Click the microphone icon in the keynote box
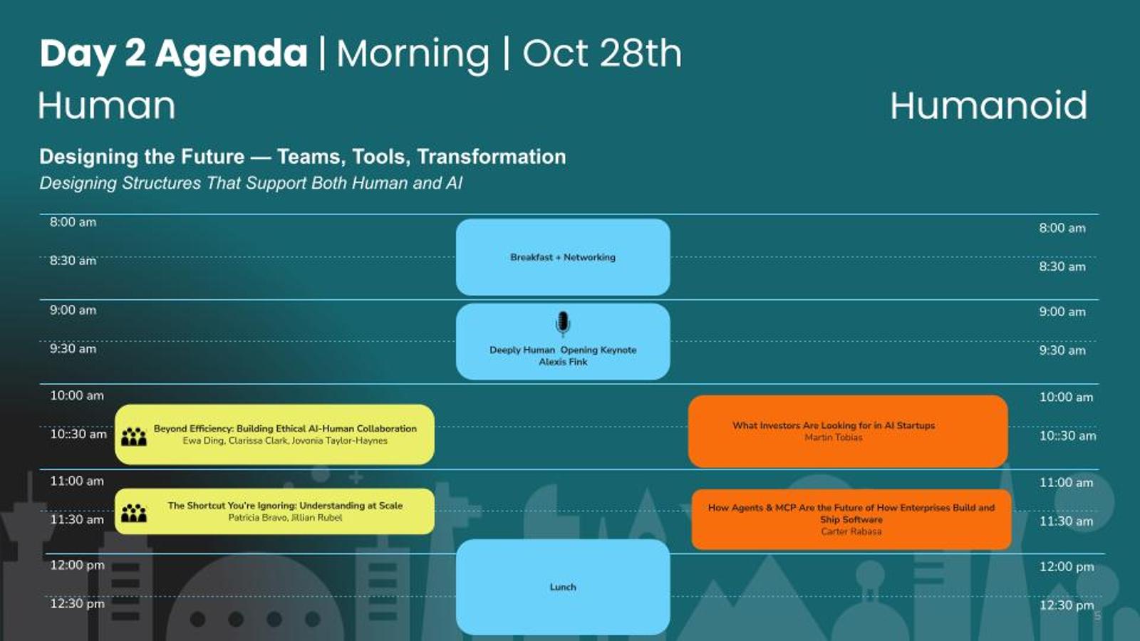click(562, 323)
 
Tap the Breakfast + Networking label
click(563, 257)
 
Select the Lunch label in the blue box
click(563, 587)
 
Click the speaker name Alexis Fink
click(563, 362)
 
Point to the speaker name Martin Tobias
click(834, 437)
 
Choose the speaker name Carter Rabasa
click(851, 531)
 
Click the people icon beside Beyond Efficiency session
click(134, 437)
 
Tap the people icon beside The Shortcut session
click(134, 513)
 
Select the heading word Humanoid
click(989, 105)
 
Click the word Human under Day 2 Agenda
click(107, 105)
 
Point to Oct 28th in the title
click(602, 53)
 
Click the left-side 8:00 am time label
click(73, 222)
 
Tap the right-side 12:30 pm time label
click(1066, 605)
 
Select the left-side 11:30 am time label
click(77, 519)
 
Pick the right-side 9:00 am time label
click(1062, 312)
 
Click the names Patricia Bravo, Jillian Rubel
click(285, 518)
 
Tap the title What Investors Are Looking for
click(834, 426)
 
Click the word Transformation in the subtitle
click(491, 157)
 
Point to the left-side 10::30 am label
click(78, 434)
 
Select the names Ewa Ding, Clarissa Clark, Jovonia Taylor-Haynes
click(285, 441)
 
